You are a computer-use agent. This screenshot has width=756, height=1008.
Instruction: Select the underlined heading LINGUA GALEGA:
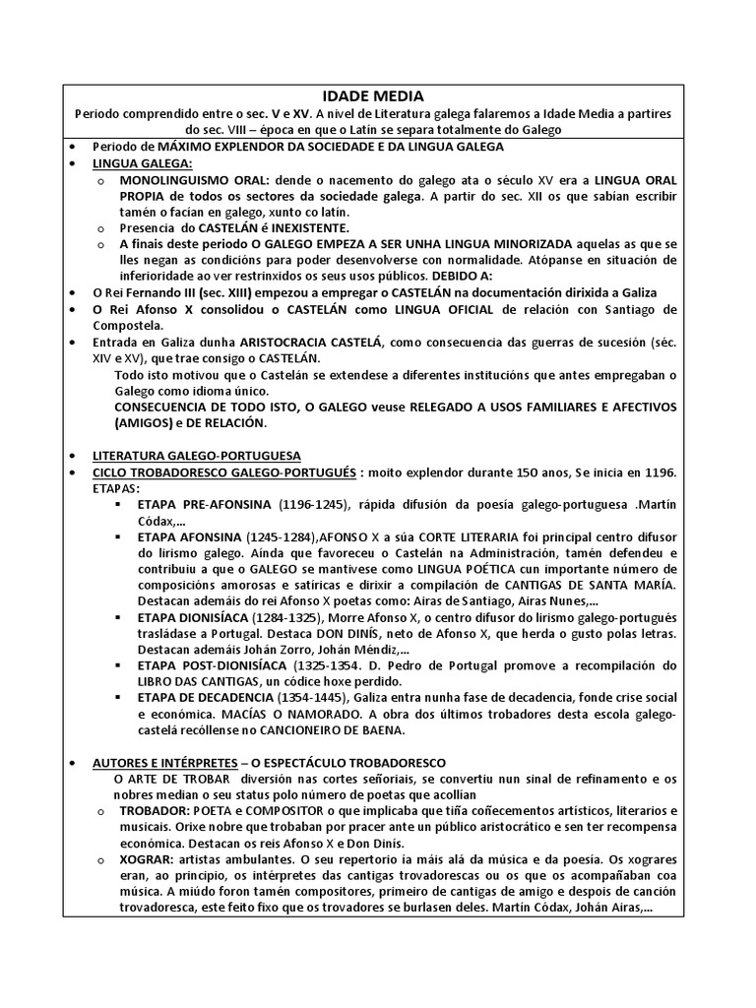tap(144, 163)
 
